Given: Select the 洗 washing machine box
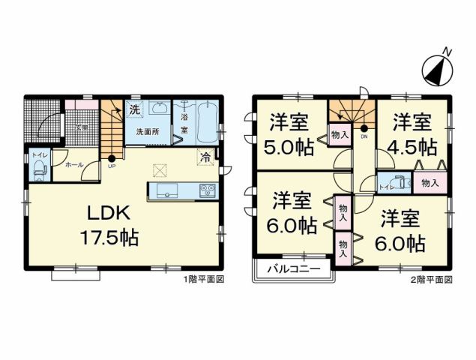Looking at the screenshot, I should pos(134,109).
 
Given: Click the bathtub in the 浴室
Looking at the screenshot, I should pos(207,122).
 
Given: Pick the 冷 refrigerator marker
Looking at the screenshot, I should pos(204,157).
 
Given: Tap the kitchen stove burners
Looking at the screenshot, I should pos(206,191).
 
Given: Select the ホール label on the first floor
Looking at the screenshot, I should pos(74,164).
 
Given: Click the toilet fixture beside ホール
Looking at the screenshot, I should pos(39,170).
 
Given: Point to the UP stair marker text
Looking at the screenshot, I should pos(112,166).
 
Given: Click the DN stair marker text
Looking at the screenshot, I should pos(364,137).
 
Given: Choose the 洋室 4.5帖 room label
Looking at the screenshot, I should pos(412,133).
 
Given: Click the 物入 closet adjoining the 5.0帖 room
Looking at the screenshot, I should pos(340,136).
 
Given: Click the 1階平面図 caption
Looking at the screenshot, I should pos(204,279).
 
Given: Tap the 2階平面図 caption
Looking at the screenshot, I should pos(431,279).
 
